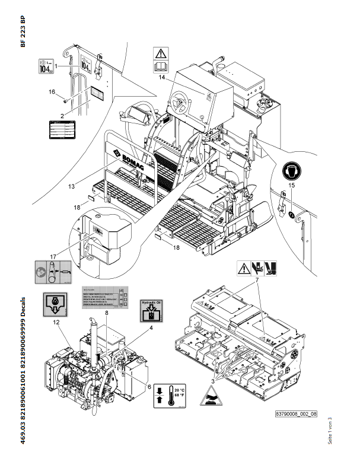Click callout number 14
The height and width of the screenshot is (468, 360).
[x=161, y=78]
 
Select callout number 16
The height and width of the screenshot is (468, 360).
[x=52, y=92]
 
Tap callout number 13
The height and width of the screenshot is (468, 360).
[x=71, y=186]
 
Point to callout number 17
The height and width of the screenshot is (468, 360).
[x=53, y=257]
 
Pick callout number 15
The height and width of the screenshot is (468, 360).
[x=291, y=186]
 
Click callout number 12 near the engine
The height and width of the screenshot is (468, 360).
[x=56, y=323]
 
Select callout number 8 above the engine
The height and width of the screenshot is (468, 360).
[x=107, y=313]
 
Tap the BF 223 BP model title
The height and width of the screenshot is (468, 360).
[x=23, y=32]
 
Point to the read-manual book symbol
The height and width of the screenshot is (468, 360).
[x=161, y=65]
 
